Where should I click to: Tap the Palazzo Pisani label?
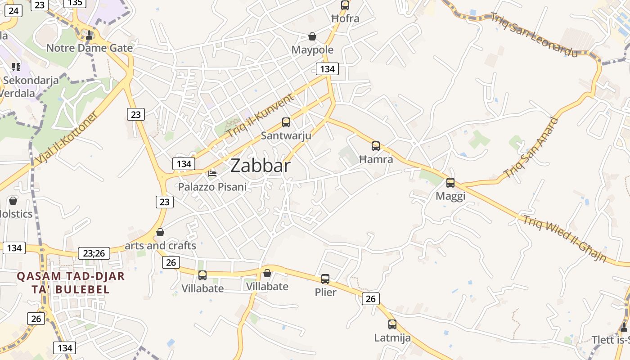coord(212,186)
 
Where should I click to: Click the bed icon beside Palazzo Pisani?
coord(212,173)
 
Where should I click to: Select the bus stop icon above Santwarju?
coord(286,122)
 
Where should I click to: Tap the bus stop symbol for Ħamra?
coord(376,146)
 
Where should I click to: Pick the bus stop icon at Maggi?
coord(450,183)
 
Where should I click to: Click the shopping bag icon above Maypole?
coord(312,36)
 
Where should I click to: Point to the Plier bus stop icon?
coord(325,279)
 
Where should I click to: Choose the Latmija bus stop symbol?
coord(392,324)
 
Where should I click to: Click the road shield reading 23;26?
coord(94,253)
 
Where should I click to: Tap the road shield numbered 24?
coord(13,10)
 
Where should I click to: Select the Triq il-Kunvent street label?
coord(260,116)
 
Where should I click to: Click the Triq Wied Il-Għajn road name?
coord(564,239)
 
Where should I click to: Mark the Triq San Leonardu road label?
coord(534,35)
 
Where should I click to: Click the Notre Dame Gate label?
coord(90,48)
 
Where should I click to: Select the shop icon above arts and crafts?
coord(160,232)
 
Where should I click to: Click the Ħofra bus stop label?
coord(345,18)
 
